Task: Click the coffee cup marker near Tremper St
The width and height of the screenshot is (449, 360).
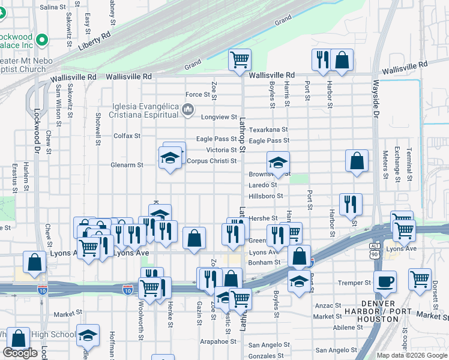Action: [385, 280]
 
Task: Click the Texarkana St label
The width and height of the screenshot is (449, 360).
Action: [268, 129]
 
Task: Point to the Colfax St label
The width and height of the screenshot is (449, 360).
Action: [127, 136]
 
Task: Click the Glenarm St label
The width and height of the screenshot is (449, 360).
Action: [127, 164]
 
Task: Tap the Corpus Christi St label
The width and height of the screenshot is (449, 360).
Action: [211, 161]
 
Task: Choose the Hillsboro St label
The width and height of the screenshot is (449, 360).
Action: [265, 196]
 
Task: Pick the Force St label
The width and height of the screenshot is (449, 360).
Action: [201, 95]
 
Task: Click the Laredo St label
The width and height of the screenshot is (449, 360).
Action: [262, 185]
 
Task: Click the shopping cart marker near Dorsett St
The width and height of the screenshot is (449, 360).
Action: [420, 278]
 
